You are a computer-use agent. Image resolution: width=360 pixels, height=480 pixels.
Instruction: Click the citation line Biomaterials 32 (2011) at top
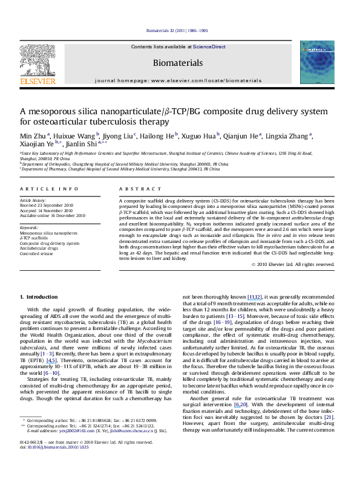pos(179,30)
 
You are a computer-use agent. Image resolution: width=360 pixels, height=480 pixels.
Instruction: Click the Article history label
pos(33,199)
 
